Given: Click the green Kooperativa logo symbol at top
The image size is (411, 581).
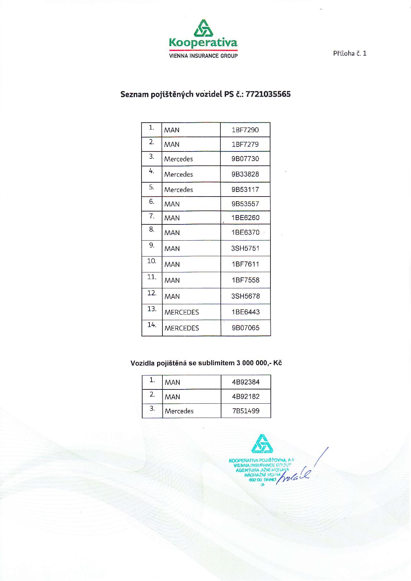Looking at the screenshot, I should (203, 28).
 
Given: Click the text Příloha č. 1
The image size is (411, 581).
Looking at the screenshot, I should (350, 53).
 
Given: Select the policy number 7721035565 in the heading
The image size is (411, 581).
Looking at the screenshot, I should (268, 94).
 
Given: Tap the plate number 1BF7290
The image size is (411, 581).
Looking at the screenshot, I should (245, 130).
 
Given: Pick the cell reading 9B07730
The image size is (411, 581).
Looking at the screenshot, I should (245, 159).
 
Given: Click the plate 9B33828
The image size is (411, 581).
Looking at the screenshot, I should (245, 174).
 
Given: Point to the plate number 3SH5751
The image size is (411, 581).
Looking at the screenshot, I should (245, 248).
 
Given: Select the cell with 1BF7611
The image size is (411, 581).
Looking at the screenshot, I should (245, 264).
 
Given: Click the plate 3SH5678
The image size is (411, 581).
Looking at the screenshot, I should (245, 296).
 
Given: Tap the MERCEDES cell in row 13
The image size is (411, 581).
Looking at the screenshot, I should (182, 312).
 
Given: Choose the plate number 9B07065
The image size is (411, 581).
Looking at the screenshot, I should (245, 328).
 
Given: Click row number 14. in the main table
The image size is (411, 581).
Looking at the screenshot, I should (152, 325).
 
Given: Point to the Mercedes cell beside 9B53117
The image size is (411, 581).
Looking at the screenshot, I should (179, 190).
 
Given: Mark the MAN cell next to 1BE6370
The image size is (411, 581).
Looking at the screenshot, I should (172, 233).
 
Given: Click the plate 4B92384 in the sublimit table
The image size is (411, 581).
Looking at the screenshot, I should (246, 382).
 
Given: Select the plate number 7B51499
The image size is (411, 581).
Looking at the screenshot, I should (246, 411).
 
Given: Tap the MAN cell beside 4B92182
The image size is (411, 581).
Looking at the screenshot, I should (172, 397).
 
